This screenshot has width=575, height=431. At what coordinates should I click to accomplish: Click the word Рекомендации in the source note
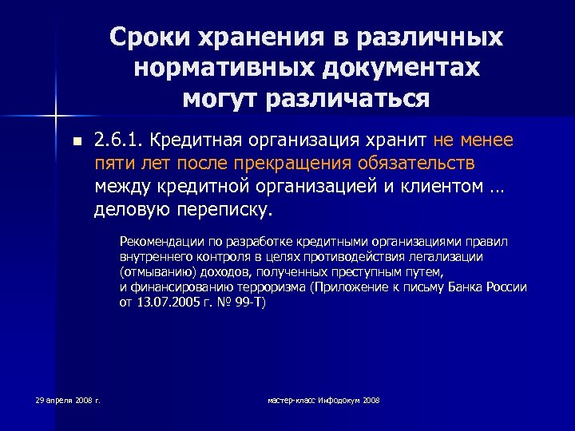(158, 241)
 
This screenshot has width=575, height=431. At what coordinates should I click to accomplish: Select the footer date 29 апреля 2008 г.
(67, 399)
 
